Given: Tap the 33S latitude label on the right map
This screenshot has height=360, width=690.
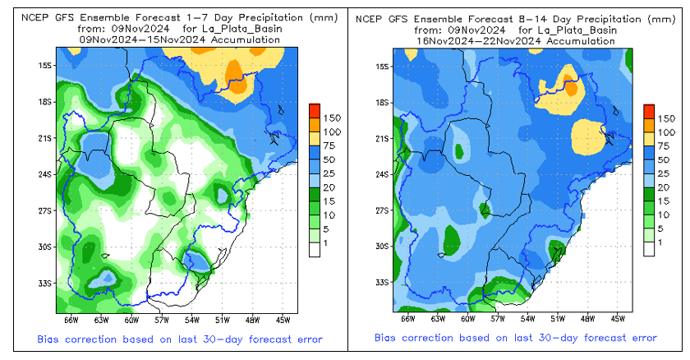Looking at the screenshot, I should (x=382, y=282).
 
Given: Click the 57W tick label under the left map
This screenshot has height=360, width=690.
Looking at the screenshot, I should (x=161, y=320).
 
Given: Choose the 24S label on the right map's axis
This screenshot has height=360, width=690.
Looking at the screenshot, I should (x=382, y=174).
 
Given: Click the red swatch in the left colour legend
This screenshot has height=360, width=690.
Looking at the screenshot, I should (x=315, y=110).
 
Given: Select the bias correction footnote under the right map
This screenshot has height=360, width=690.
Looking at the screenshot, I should (x=516, y=338).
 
